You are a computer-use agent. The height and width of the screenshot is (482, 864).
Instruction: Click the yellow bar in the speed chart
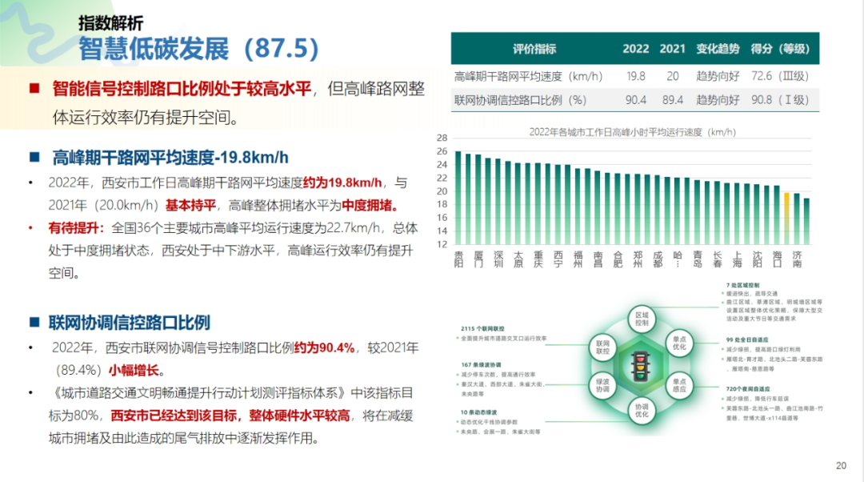[786, 217]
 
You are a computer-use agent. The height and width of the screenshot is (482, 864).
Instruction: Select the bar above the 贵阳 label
[458, 197]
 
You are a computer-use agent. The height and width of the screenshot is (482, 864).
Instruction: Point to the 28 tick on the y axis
[442, 139]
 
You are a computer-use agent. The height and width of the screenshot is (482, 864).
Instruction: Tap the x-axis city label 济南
[796, 259]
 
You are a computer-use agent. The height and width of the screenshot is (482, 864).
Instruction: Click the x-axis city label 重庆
[538, 259]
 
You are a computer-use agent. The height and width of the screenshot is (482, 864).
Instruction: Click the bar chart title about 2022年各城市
[632, 131]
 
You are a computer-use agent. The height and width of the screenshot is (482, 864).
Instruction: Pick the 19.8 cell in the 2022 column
[636, 76]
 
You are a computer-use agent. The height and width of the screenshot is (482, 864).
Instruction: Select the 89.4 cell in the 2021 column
[673, 100]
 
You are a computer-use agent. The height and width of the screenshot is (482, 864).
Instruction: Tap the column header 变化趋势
[718, 49]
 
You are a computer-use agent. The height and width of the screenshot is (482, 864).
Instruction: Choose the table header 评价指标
[534, 49]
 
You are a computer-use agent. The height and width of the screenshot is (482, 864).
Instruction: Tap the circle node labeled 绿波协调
[602, 385]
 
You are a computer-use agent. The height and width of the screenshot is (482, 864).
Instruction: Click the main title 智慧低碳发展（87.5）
[200, 49]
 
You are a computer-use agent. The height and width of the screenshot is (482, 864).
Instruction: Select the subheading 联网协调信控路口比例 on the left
[132, 323]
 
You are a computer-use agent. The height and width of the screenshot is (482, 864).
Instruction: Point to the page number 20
[841, 466]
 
